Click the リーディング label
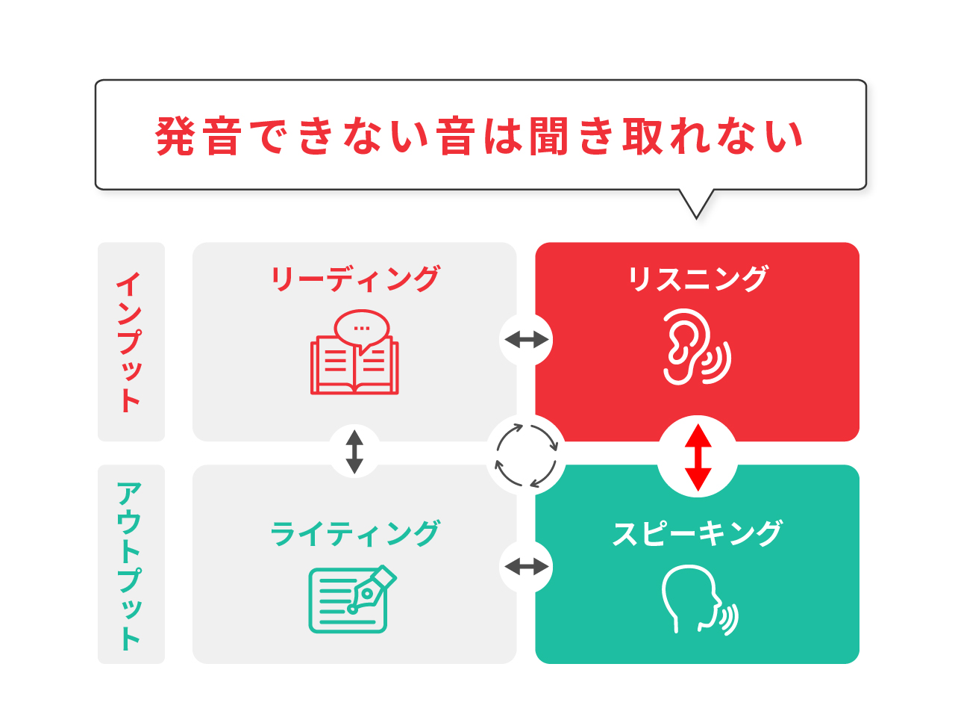pyautogui.click(x=354, y=279)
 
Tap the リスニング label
pyautogui.click(x=697, y=279)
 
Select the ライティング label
pyautogui.click(x=354, y=533)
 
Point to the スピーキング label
pyautogui.click(x=697, y=533)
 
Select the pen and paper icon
pyautogui.click(x=352, y=599)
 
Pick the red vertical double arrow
pyautogui.click(x=698, y=458)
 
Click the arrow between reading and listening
pyautogui.click(x=526, y=339)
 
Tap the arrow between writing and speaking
pyautogui.click(x=526, y=566)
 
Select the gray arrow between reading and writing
pyautogui.click(x=354, y=452)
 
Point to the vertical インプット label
pyautogui.click(x=130, y=342)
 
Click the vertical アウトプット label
pyautogui.click(x=130, y=566)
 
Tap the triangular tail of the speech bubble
pyautogui.click(x=696, y=204)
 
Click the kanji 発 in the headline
pyautogui.click(x=175, y=136)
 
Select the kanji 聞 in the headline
pyautogui.click(x=548, y=136)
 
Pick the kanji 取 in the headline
pyautogui.click(x=642, y=136)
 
